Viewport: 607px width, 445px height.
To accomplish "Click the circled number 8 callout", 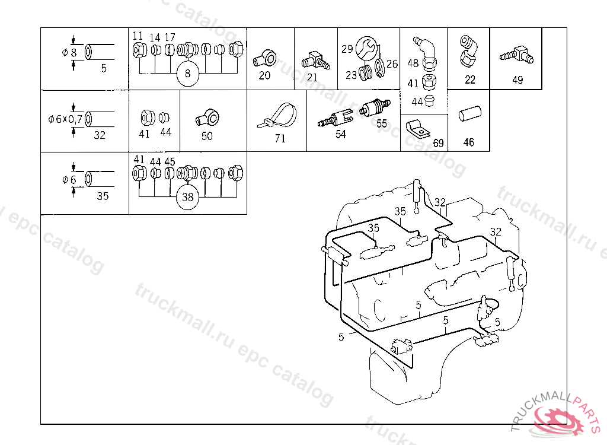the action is tap(188, 74).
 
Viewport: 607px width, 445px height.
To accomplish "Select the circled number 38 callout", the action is tap(188, 198).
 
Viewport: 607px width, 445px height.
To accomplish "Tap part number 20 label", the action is tap(264, 75).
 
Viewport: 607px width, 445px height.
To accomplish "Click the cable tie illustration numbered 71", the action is tap(277, 115).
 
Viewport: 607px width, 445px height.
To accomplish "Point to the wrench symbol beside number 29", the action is tap(366, 48).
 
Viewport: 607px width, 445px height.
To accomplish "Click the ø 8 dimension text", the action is tap(70, 52).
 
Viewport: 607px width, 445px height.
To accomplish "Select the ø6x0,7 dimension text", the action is tap(65, 119).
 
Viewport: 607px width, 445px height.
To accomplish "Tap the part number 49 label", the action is tap(517, 80).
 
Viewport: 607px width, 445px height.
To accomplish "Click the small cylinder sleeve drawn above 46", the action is tap(469, 113).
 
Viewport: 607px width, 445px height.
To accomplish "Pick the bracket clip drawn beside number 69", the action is tap(417, 129).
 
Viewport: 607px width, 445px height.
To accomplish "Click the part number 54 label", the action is tap(341, 134).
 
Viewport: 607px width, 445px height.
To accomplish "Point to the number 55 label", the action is tap(382, 123).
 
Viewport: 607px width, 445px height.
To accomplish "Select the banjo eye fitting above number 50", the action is tap(208, 117).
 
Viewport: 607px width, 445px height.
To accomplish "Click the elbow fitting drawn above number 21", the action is tap(315, 61).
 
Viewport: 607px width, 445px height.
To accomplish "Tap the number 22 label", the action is tap(470, 80).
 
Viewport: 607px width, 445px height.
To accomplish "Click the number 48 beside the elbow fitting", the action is tap(413, 63).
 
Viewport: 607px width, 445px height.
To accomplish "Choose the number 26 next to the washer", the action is tap(392, 63).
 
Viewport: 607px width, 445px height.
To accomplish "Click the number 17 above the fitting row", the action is tap(170, 37).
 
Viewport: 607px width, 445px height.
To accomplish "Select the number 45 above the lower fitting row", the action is tap(170, 161).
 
